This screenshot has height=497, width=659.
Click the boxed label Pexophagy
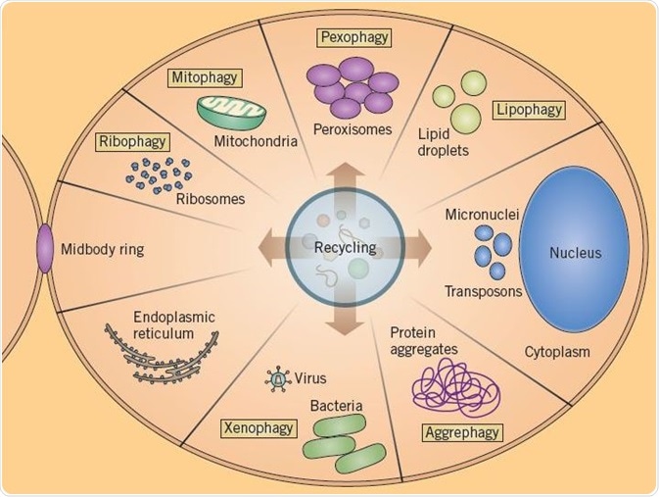pyautogui.click(x=354, y=38)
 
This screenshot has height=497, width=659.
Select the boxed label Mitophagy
pyautogui.click(x=205, y=76)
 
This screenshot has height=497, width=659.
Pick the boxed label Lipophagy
pyautogui.click(x=528, y=110)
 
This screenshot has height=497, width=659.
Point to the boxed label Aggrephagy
pyautogui.click(x=463, y=431)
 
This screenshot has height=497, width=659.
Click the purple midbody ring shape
pyautogui.click(x=45, y=249)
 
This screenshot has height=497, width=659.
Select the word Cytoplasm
pyautogui.click(x=557, y=350)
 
